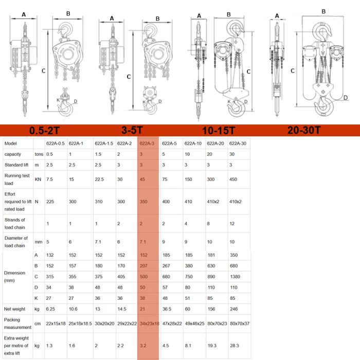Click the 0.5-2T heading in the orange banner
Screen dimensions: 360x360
44,131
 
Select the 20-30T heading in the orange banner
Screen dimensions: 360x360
304,130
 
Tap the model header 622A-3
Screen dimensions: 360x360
147,143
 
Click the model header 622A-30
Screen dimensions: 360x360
238,143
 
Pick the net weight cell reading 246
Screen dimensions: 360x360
233,309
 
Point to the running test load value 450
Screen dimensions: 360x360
233,179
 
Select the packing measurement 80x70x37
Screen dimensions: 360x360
240,323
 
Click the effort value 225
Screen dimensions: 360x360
50,202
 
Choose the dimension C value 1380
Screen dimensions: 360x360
235,277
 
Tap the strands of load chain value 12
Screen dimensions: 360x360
232,224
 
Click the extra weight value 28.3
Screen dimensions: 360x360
235,346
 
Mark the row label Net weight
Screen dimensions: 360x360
15,309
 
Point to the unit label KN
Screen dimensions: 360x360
38,179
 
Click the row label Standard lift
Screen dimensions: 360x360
16,165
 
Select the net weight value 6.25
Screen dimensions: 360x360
50,309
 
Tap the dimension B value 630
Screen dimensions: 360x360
211,266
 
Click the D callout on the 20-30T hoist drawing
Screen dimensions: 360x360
346,98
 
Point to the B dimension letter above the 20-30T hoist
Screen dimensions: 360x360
323,11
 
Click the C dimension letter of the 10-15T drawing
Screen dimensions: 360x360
248,71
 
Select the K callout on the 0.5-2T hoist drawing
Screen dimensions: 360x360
58,100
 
